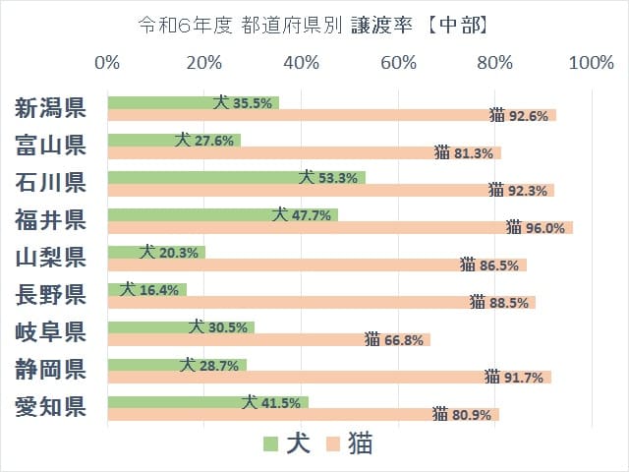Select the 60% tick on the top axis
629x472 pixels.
[398, 63]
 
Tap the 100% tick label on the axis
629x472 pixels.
[590, 63]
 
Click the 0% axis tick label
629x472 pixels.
[107, 63]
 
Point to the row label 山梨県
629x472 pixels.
[50, 258]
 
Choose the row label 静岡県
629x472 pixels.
[50, 370]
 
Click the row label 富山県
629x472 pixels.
[50, 146]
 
